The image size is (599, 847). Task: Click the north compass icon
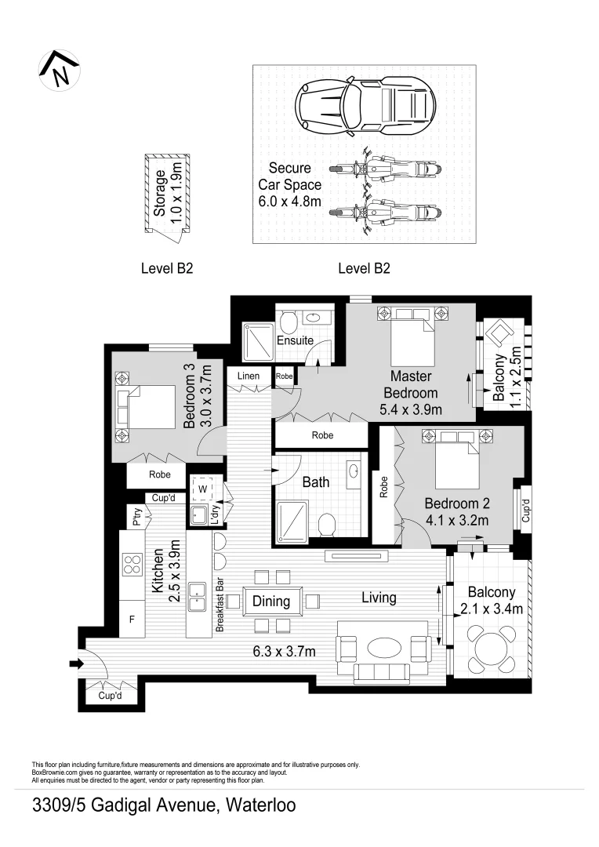(x=60, y=70)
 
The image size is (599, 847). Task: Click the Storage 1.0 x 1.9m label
(x=167, y=194)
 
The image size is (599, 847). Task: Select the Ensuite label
(x=296, y=340)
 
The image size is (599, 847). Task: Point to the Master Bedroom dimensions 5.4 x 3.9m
(x=411, y=409)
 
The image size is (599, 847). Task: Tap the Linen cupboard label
(x=249, y=376)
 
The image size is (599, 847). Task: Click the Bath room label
(x=316, y=482)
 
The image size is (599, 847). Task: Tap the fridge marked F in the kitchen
(x=132, y=620)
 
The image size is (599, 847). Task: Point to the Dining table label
(x=271, y=602)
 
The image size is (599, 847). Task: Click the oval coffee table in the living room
(x=384, y=648)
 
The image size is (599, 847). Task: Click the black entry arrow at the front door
(x=75, y=664)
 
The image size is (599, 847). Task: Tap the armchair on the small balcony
(x=498, y=335)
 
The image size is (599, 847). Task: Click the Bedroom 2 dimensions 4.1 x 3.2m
(x=457, y=519)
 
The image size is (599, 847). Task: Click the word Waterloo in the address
(x=261, y=805)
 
